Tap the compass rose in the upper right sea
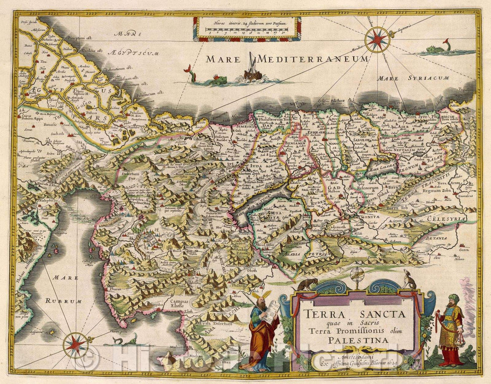tap(377, 40)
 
